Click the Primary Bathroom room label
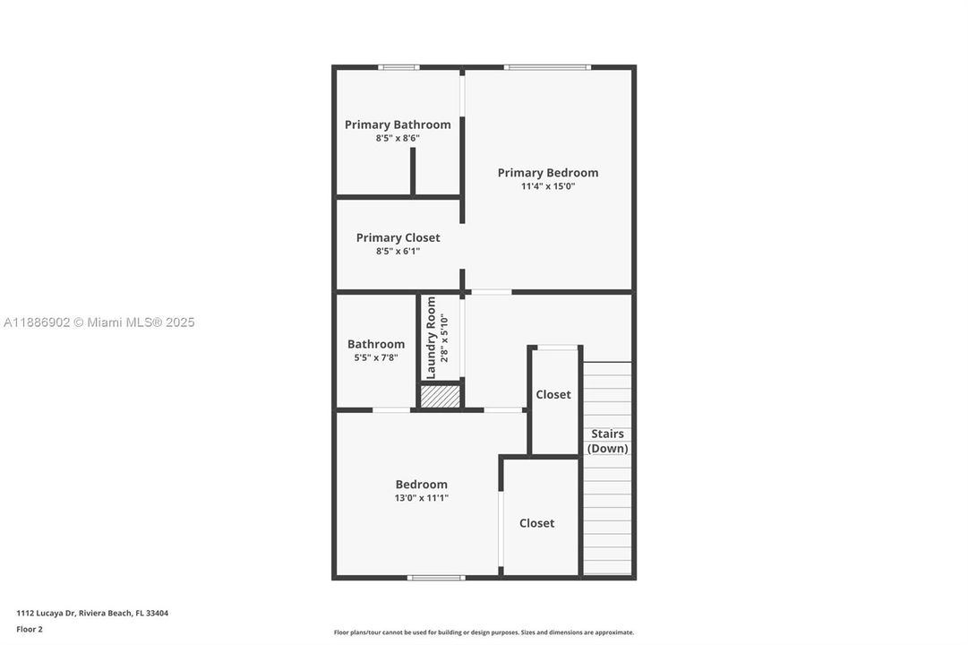click(x=398, y=125)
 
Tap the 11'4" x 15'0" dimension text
click(x=548, y=186)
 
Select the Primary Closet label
click(x=398, y=237)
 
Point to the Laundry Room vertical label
click(x=432, y=338)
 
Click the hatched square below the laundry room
click(x=441, y=396)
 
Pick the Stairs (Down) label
click(x=608, y=441)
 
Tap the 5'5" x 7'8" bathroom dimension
click(x=376, y=357)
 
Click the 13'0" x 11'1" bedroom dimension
click(x=421, y=497)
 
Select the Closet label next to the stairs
click(x=553, y=394)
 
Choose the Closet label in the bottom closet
click(x=537, y=523)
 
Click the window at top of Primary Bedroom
click(x=547, y=67)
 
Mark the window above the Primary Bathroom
click(x=398, y=67)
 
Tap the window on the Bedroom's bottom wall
click(x=436, y=577)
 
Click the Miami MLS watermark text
click(x=99, y=322)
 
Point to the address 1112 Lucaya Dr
click(x=92, y=614)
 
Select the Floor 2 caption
click(x=30, y=629)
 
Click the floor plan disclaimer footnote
click(x=484, y=632)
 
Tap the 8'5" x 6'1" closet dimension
click(x=398, y=251)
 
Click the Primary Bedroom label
click(x=548, y=173)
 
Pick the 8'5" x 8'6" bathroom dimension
click(x=398, y=138)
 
